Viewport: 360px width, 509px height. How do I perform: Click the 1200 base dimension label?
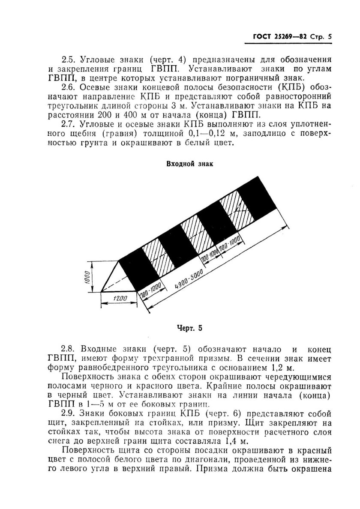[120, 299]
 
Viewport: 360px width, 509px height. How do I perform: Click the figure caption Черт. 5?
[189, 329]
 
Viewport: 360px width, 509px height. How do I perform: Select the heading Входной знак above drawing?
[189, 164]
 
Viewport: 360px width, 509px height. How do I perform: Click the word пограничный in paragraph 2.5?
[235, 78]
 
